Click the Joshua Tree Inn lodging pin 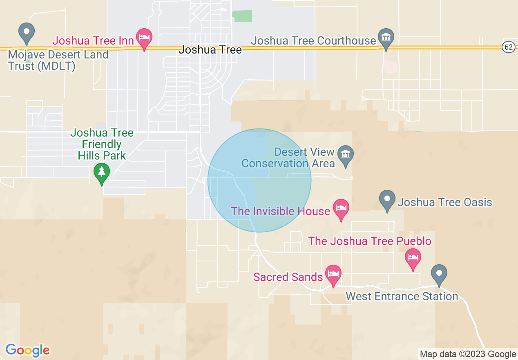tap(144, 38)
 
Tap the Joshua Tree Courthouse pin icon tap(386, 37)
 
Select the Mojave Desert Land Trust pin tap(27, 32)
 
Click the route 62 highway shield tap(508, 47)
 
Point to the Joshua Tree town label tap(210, 50)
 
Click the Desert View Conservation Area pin tap(346, 155)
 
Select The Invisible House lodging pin tap(341, 208)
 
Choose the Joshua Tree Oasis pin tap(387, 199)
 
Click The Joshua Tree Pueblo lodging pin tap(413, 258)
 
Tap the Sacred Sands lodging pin tap(333, 274)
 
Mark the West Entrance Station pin tap(439, 274)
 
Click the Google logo tap(27, 350)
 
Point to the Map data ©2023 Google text tap(468, 354)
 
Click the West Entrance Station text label tap(402, 296)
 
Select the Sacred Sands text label tap(288, 277)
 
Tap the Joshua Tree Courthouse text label tap(313, 40)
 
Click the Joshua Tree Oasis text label tap(445, 202)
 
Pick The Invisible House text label tap(281, 211)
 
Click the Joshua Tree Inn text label tap(93, 40)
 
